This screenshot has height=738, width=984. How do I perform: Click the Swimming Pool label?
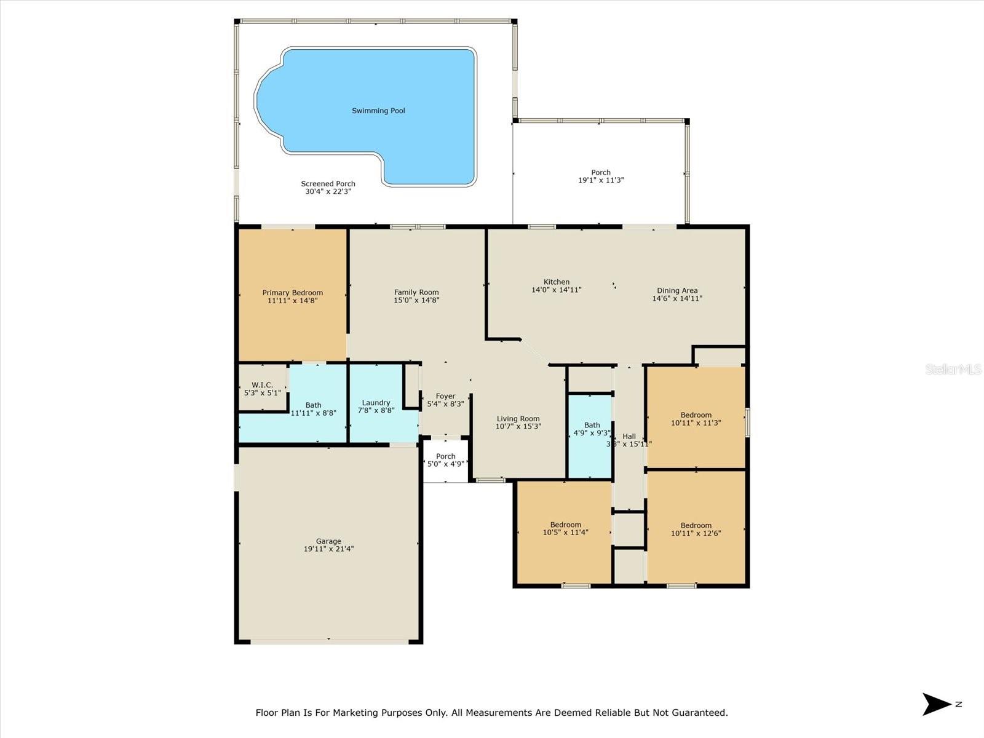378,111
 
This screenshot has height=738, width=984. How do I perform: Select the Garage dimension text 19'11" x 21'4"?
328,549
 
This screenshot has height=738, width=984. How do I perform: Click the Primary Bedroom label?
292,293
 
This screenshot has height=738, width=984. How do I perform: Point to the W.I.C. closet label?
262,385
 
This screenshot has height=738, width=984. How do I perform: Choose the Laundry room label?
376,403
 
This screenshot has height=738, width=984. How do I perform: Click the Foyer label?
445,396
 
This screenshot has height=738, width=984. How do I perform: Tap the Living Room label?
518,419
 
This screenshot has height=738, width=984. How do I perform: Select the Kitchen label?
557,282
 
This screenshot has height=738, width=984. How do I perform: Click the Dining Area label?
677,290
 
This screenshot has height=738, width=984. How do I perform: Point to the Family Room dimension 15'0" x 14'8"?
416,300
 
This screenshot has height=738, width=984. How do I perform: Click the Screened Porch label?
328,184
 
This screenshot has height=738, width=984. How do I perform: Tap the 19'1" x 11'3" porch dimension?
601,180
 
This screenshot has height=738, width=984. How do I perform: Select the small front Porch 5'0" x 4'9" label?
446,460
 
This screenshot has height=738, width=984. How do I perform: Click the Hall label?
629,436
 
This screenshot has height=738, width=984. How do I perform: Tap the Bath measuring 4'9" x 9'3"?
592,429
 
